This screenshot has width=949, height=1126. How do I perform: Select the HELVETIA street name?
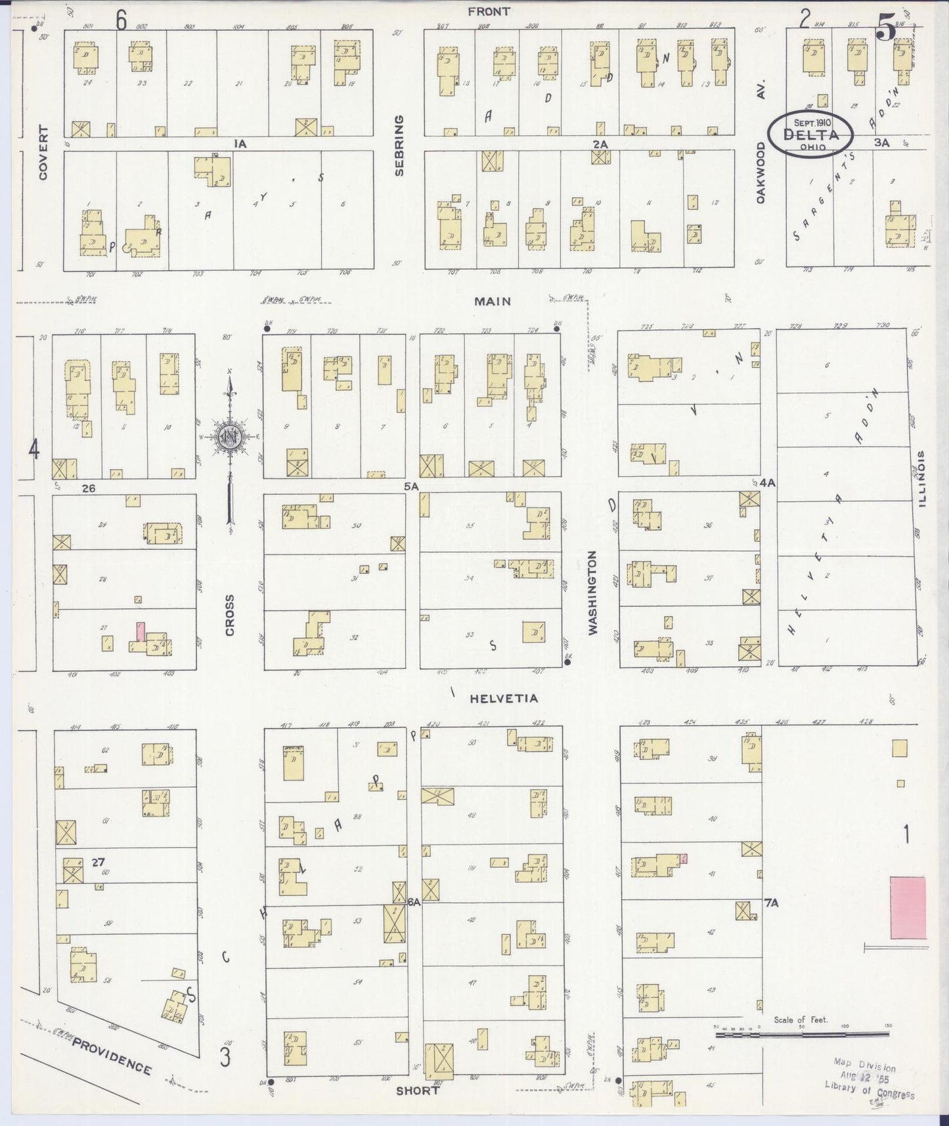tap(504, 698)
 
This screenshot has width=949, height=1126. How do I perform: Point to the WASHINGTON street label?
tap(594, 592)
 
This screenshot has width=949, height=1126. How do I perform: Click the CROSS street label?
tap(229, 615)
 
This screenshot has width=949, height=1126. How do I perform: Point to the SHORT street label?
tap(417, 1091)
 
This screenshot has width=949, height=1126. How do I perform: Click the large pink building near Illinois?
tap(908, 907)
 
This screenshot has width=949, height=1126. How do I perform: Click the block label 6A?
tap(413, 903)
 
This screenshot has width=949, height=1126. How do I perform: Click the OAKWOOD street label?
tap(761, 172)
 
